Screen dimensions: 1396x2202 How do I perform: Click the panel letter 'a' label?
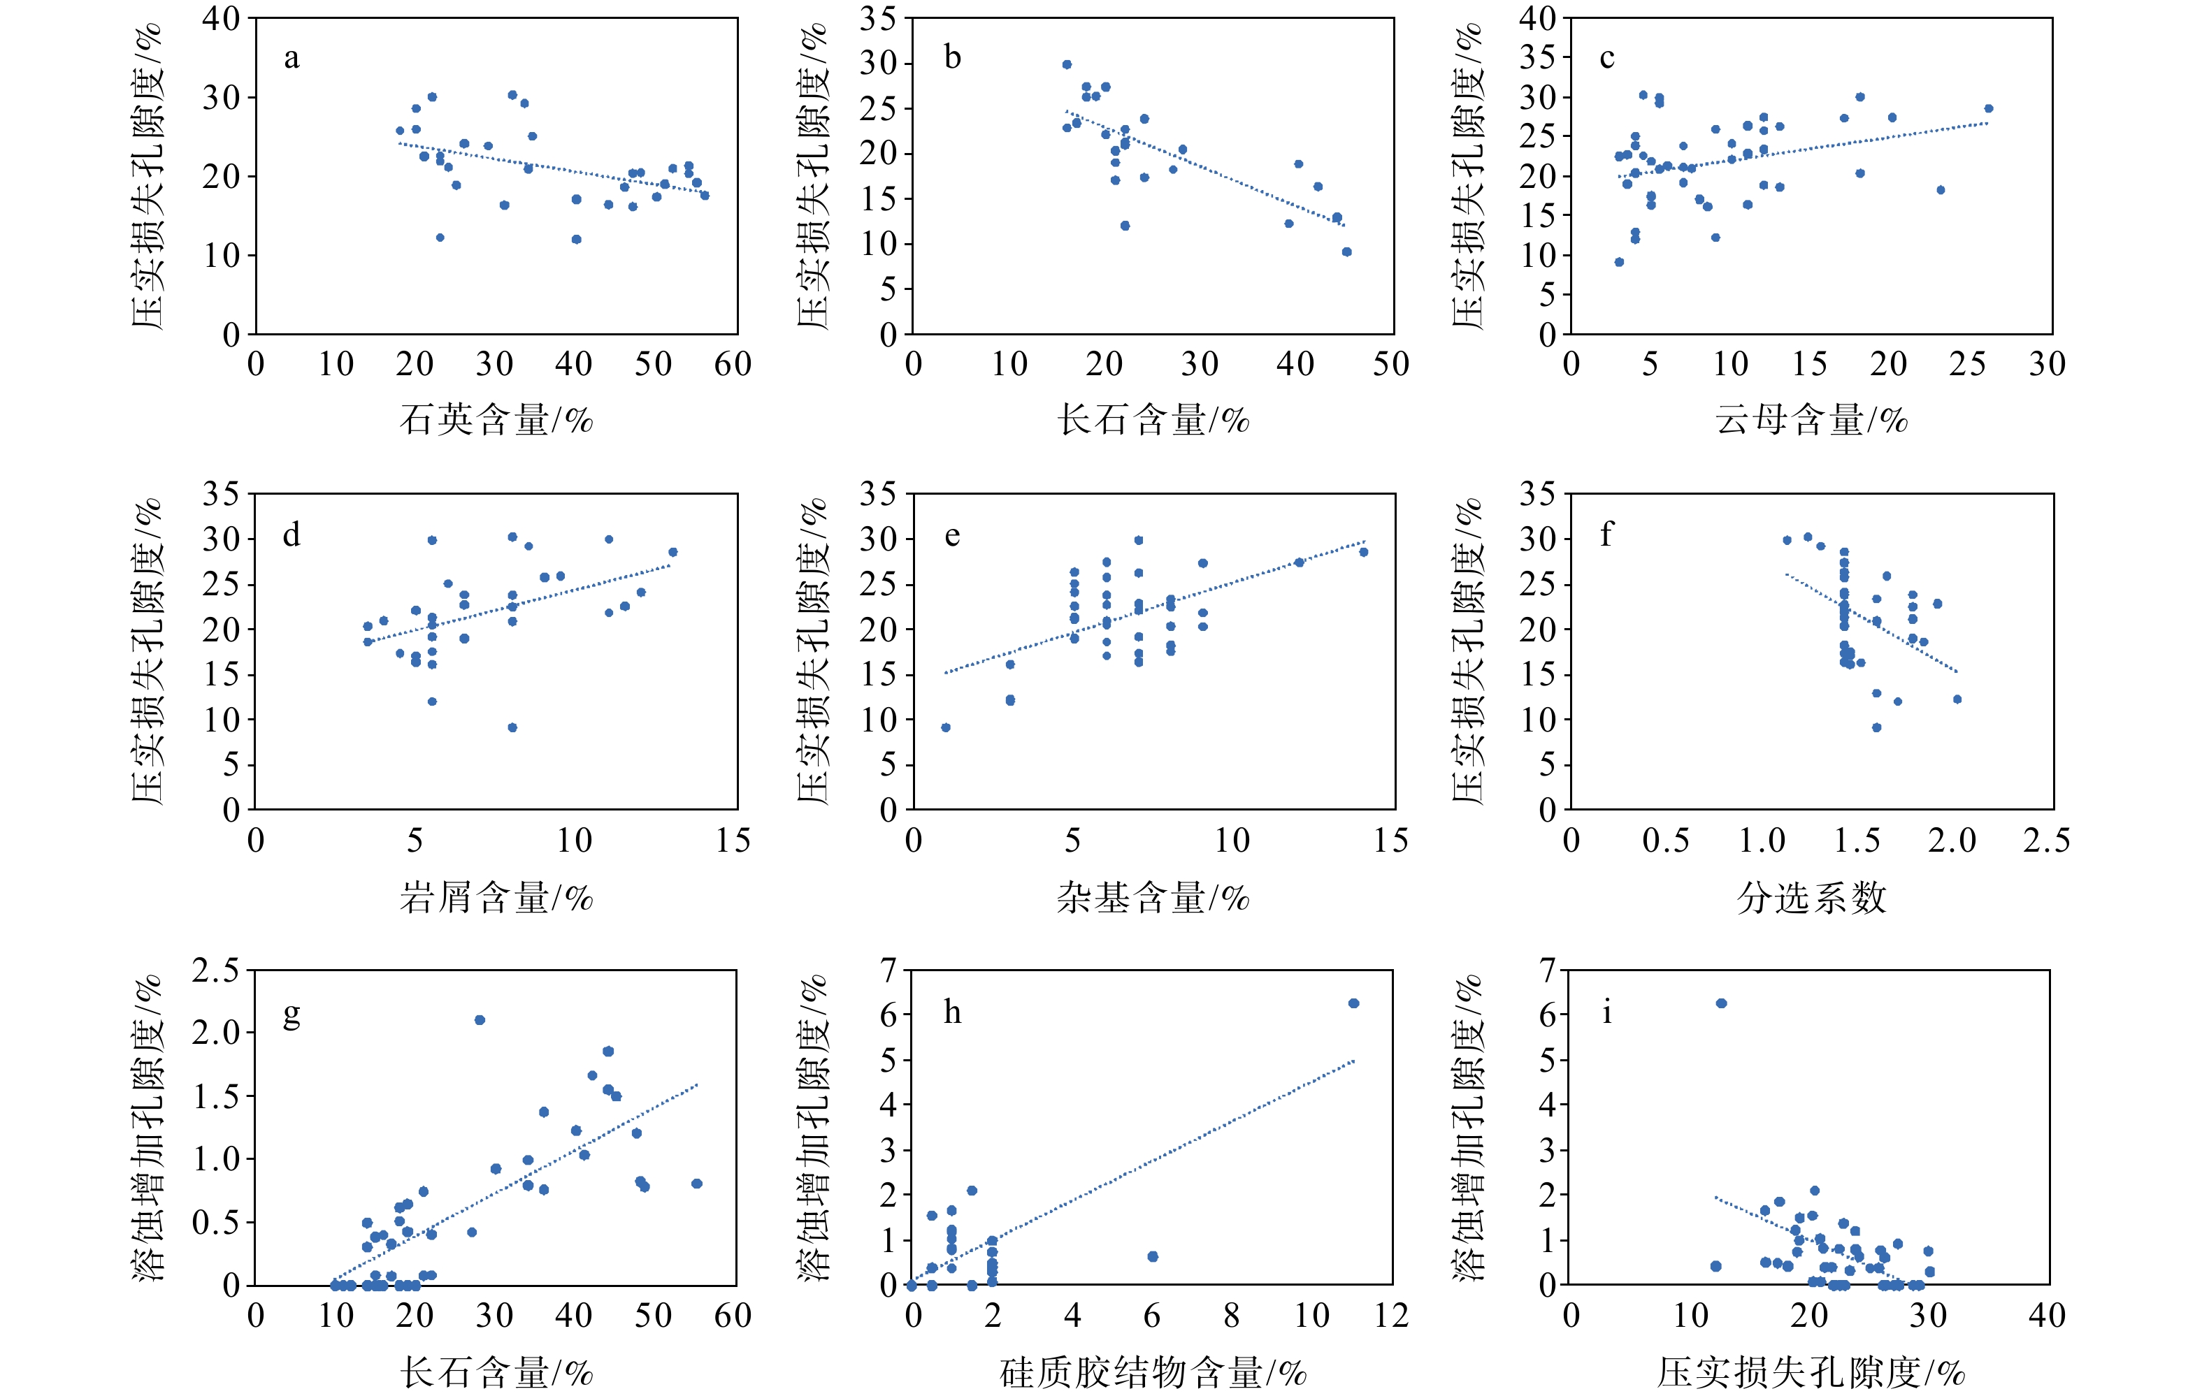[x=291, y=59]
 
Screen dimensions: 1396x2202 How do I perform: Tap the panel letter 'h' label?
[x=952, y=1013]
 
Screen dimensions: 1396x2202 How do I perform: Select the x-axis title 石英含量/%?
[x=496, y=421]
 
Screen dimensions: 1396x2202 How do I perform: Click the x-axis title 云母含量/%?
[x=1811, y=421]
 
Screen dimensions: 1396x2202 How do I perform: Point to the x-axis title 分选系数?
[x=1811, y=898]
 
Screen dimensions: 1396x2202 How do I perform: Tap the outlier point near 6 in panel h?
[x=1152, y=1257]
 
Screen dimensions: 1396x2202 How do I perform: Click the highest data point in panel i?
[x=1721, y=1003]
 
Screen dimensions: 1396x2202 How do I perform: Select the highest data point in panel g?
[x=479, y=1019]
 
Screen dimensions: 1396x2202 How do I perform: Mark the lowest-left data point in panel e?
[x=946, y=728]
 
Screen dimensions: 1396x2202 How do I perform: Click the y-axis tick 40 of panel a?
[x=222, y=18]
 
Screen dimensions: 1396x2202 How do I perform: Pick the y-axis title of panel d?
[x=146, y=651]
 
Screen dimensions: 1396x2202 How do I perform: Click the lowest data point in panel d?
[x=512, y=728]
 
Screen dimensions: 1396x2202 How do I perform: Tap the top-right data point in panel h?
[x=1353, y=1003]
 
